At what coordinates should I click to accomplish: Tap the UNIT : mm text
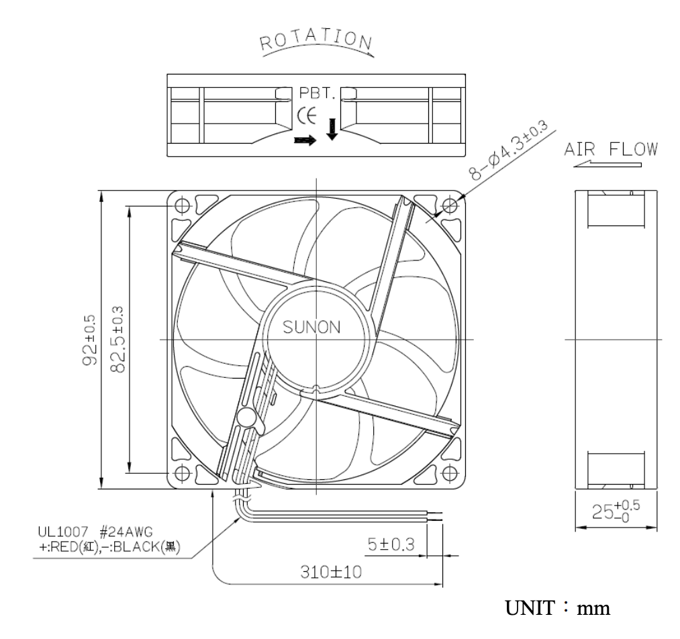click(x=556, y=609)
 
